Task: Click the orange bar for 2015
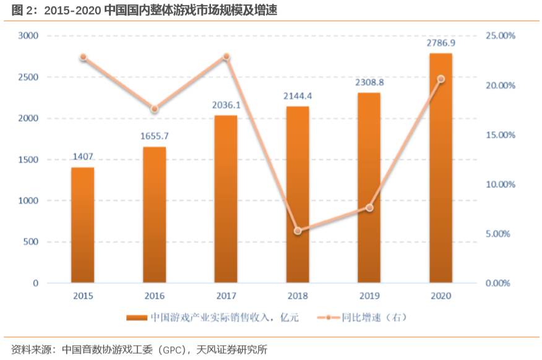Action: point(83,225)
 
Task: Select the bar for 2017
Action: point(226,199)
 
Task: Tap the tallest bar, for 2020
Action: point(441,168)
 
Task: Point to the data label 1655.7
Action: point(155,136)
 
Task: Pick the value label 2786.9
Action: point(441,43)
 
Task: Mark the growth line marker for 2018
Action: point(298,231)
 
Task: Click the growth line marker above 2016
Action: point(155,109)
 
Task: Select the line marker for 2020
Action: point(441,79)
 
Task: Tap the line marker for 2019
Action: point(369,208)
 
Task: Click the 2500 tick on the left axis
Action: point(27,77)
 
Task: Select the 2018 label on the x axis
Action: point(298,296)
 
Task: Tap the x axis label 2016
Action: point(155,296)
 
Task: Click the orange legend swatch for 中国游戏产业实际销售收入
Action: point(137,318)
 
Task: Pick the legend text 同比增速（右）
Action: point(374,318)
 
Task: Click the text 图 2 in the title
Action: point(20,10)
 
